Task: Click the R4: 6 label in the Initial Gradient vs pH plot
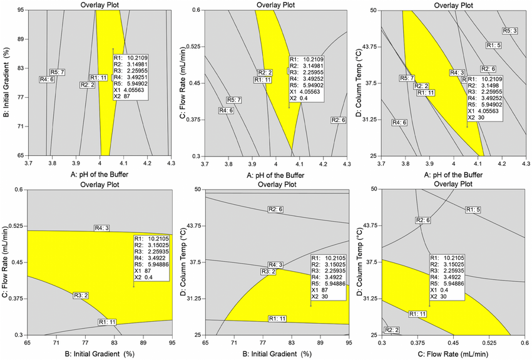(46, 80)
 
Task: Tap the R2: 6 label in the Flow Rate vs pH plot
(338, 120)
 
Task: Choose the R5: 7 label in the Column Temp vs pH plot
(407, 78)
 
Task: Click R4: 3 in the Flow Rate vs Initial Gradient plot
(102, 228)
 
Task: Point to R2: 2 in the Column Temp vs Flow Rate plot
(392, 329)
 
